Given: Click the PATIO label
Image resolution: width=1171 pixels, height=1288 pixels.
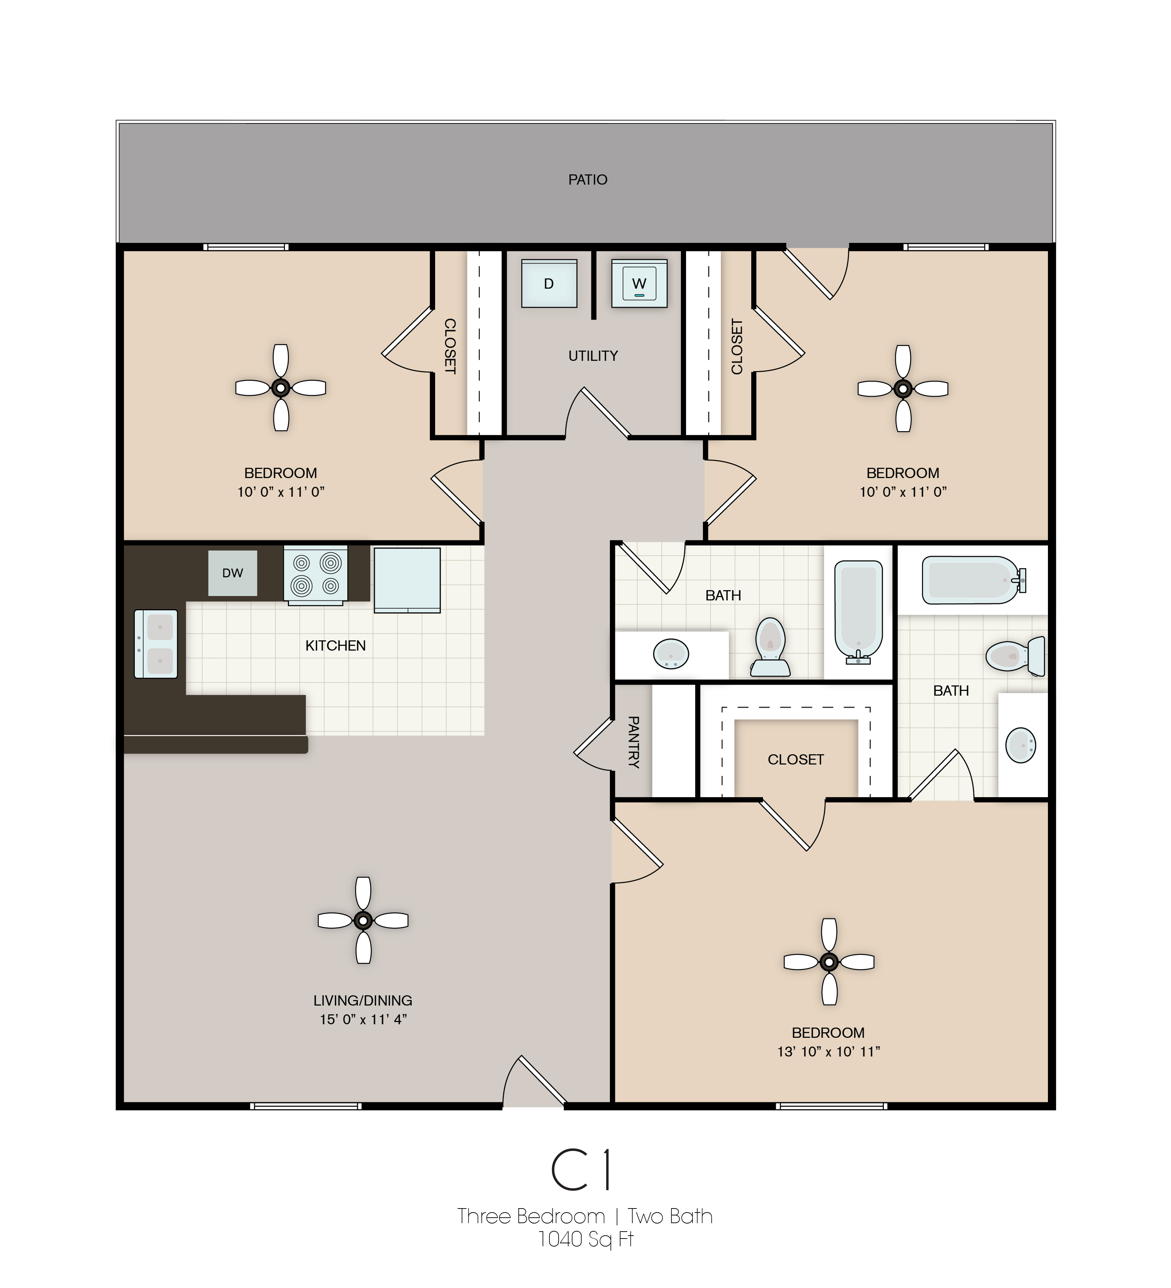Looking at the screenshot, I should pyautogui.click(x=587, y=179).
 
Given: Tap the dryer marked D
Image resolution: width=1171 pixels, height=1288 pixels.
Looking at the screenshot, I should pyautogui.click(x=549, y=284).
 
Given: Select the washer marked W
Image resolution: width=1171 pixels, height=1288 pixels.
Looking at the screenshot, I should pyautogui.click(x=639, y=284).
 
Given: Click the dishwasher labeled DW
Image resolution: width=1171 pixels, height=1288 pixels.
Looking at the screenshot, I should pyautogui.click(x=233, y=573).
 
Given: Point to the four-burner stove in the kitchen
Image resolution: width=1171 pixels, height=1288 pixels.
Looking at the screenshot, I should pyautogui.click(x=316, y=574).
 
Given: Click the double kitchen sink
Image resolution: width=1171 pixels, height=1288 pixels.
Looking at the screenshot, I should pyautogui.click(x=156, y=643).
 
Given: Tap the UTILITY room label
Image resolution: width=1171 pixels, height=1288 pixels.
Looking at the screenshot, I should pyautogui.click(x=593, y=356).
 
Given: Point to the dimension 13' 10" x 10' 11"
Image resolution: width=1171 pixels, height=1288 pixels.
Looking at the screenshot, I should pyautogui.click(x=829, y=1052).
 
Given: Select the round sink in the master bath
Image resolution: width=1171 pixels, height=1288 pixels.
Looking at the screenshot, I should pyautogui.click(x=1020, y=745).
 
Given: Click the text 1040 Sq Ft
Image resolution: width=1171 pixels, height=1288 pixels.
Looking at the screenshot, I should pyautogui.click(x=585, y=1239).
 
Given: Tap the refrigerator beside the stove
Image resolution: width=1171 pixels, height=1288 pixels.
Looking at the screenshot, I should pyautogui.click(x=407, y=580).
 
